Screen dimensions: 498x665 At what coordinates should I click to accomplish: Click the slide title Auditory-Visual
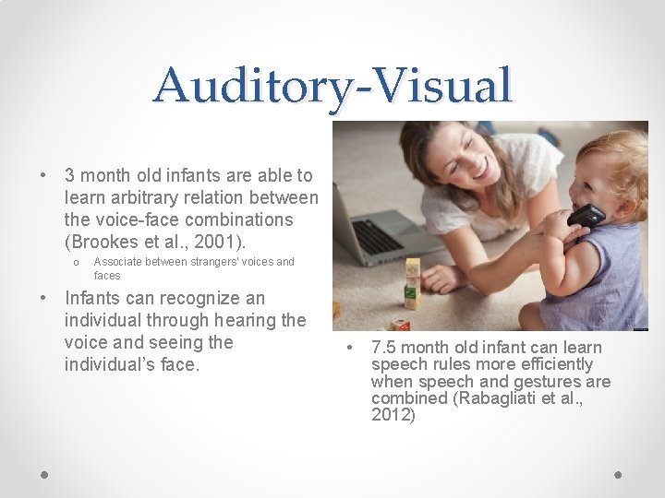point(332,86)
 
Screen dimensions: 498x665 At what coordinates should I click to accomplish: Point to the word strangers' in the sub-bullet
point(216,262)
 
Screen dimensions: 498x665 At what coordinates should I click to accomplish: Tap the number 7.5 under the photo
point(384,348)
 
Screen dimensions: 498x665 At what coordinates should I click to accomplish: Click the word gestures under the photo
point(549,381)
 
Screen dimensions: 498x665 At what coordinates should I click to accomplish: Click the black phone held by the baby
point(586,216)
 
